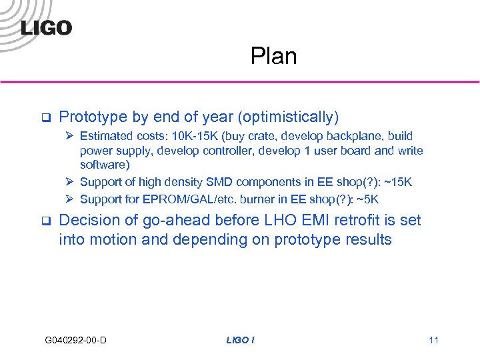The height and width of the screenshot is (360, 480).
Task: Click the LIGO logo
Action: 46,27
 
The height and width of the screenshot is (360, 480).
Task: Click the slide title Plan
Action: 273,57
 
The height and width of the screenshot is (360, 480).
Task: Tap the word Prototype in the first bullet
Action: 93,117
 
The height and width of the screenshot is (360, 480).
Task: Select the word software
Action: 103,164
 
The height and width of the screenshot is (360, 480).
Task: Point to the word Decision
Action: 87,221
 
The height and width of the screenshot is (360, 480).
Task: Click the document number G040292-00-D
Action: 76,341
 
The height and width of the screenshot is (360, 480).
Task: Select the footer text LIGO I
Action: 240,341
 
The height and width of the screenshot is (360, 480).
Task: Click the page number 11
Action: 433,341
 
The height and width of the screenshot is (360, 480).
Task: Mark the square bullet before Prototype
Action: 45,118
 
